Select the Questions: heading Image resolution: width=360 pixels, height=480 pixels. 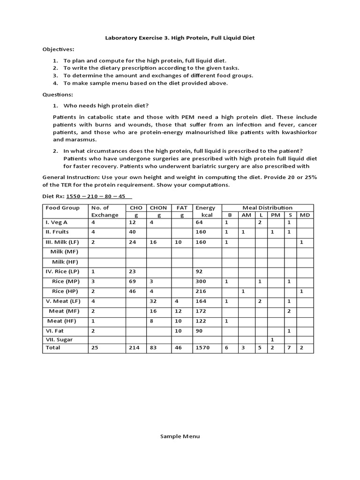(57, 94)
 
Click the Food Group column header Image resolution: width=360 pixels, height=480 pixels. (62, 208)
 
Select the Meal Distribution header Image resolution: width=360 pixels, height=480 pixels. (267, 208)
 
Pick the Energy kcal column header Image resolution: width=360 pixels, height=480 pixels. (205, 211)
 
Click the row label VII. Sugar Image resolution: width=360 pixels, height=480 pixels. (59, 339)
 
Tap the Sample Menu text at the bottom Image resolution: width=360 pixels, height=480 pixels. (180, 436)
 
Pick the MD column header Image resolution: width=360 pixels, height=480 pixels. (305, 215)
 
